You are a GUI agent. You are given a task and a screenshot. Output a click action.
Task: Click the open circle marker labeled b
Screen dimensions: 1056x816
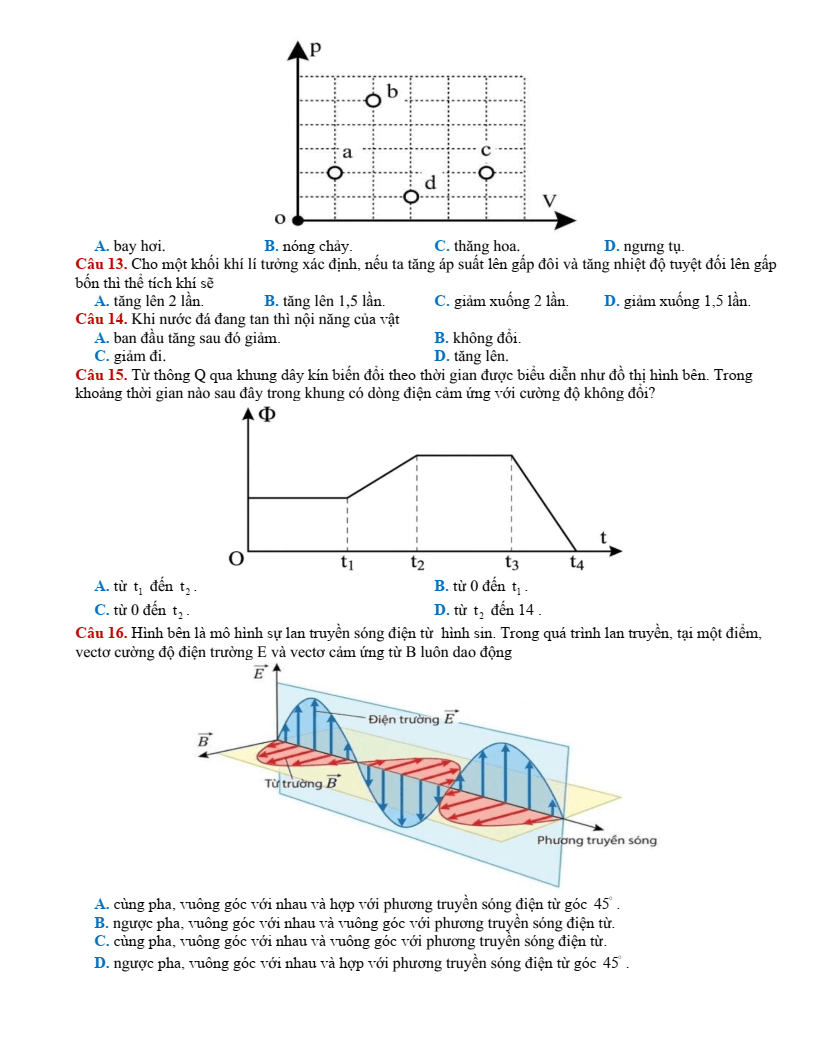(373, 100)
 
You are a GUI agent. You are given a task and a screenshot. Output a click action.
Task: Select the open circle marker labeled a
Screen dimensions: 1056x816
(335, 173)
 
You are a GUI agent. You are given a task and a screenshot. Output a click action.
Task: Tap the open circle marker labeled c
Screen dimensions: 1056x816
(486, 173)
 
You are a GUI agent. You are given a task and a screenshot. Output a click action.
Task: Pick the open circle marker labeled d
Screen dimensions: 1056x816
(411, 196)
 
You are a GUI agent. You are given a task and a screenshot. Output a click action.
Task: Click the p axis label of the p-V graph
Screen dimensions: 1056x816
(316, 48)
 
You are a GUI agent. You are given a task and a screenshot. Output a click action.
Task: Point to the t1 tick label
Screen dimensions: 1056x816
(347, 563)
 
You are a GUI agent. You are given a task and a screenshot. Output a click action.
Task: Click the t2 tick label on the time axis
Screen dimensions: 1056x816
(417, 563)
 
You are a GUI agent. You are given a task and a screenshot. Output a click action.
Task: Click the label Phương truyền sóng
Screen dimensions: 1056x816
(596, 840)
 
